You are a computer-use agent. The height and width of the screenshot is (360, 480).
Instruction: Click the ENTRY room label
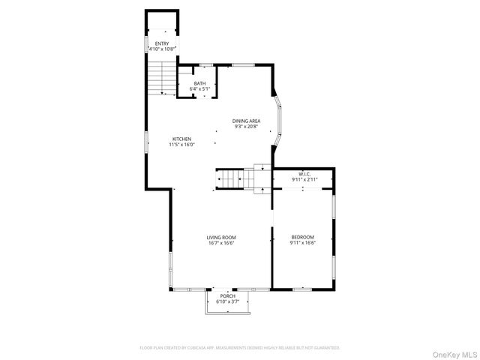click(162, 43)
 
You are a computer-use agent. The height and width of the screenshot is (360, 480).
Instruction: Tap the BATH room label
click(199, 83)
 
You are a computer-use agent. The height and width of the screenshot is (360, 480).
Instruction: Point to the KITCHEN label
click(181, 139)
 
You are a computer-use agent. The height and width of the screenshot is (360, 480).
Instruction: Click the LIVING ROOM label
click(222, 238)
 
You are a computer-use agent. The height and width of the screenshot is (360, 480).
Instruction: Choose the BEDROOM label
click(303, 238)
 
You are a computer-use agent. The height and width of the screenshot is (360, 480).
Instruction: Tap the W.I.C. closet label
click(305, 174)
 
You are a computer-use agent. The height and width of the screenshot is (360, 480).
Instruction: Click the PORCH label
click(228, 296)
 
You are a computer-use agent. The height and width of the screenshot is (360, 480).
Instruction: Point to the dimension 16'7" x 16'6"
click(222, 243)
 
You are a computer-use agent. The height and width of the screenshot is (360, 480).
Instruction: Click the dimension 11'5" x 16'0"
click(181, 144)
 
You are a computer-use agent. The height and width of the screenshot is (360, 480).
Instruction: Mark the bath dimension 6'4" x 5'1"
click(199, 88)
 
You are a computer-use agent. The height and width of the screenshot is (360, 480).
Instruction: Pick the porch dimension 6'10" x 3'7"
click(228, 301)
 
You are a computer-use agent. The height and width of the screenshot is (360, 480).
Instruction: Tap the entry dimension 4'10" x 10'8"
click(162, 49)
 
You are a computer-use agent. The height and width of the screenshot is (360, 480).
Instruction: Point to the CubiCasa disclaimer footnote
click(240, 348)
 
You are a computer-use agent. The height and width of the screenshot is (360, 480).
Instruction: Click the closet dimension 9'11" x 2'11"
click(305, 179)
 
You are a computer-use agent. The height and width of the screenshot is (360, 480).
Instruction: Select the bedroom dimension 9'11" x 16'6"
click(303, 243)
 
